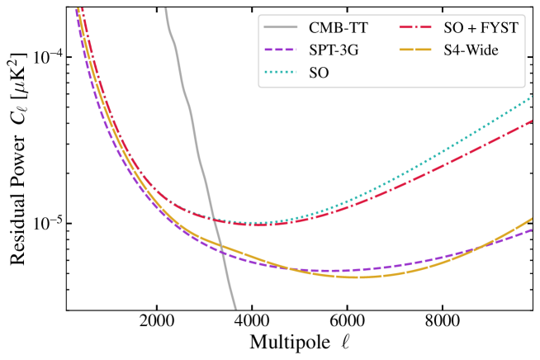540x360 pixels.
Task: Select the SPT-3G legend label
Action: [x=335, y=50]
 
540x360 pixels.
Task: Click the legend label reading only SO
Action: [x=320, y=73]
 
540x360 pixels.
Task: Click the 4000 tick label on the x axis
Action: [x=252, y=324]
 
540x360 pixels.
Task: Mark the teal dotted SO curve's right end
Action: [x=532, y=96]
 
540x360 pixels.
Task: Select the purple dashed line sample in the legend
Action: [x=280, y=50]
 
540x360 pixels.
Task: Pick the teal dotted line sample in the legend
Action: [x=280, y=73]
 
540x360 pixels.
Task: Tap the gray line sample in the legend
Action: [x=280, y=28]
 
